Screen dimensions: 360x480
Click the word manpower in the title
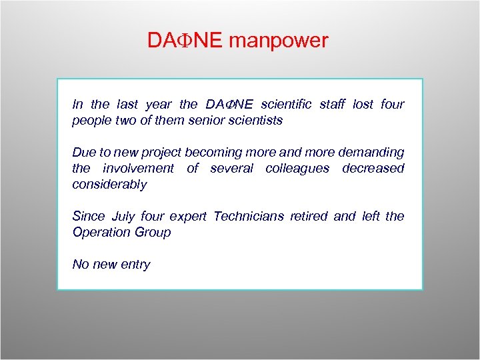click(279, 41)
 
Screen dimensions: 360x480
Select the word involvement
click(138, 169)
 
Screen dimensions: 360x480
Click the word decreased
click(373, 169)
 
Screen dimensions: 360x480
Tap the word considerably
click(109, 185)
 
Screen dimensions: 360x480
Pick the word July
click(123, 217)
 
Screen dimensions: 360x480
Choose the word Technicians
click(247, 217)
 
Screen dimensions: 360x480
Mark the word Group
click(154, 233)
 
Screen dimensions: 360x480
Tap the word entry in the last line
click(135, 265)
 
